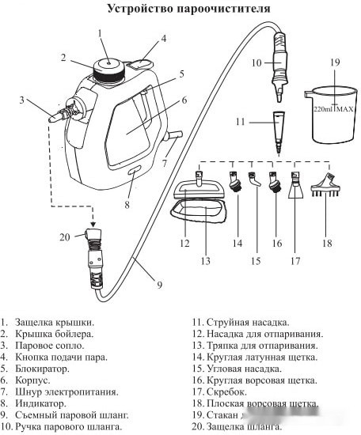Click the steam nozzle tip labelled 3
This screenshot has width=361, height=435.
(53, 119)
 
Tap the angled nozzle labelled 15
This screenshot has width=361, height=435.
(254, 180)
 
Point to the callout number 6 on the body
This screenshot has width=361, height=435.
(184, 100)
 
